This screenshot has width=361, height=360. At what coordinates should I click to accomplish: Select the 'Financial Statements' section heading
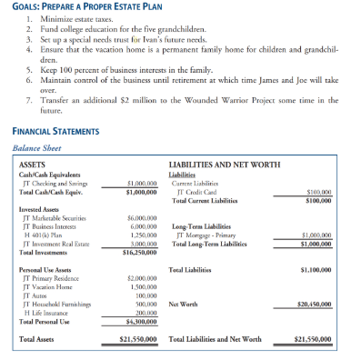[x=55, y=131]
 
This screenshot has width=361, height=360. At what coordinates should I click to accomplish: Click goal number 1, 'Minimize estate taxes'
[x=70, y=19]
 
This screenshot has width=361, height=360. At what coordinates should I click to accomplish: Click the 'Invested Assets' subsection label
[x=39, y=209]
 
